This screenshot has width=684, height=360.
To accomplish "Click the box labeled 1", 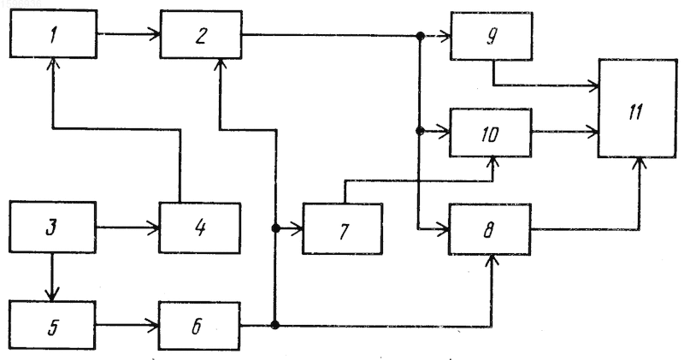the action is (x=53, y=34).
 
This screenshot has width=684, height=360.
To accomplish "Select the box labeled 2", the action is (x=201, y=34).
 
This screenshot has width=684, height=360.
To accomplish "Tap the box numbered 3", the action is (x=52, y=227).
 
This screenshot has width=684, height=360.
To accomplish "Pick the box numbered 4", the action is (x=200, y=227).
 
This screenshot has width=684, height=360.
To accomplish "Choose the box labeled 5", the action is (x=52, y=325).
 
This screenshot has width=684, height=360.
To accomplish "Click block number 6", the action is (x=199, y=326).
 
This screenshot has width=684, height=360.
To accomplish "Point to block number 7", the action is (x=343, y=228).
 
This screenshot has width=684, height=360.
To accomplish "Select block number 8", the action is (x=490, y=229).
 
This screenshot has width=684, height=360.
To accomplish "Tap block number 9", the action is (x=492, y=36).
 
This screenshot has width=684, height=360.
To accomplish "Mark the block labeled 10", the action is (x=491, y=133).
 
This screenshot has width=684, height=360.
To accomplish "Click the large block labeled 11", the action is (x=638, y=109).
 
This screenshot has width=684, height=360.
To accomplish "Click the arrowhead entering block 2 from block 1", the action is (x=155, y=33).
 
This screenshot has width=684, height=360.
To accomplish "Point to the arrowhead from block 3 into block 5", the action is (x=52, y=295).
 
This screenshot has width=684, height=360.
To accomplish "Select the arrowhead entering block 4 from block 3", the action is (x=154, y=227).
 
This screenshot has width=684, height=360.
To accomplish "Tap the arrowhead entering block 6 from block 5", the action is (x=153, y=325).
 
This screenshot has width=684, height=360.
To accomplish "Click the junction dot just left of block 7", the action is (x=275, y=227).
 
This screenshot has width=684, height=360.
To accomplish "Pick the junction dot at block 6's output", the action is (x=274, y=325).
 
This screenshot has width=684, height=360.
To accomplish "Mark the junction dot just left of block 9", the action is (x=420, y=36).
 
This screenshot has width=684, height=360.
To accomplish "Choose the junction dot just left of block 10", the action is (x=420, y=131).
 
